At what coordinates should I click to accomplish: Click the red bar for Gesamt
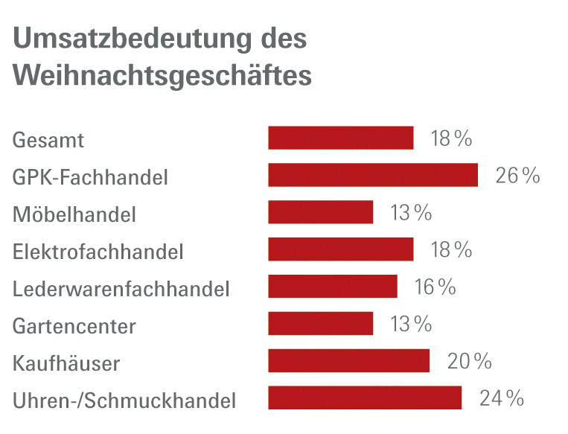(340, 138)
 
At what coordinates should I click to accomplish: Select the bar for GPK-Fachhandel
(372, 175)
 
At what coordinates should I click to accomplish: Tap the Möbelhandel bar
(320, 212)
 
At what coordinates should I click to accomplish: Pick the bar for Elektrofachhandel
(340, 249)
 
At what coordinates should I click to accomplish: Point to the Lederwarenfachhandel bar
(333, 287)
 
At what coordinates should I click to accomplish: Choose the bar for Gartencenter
(320, 324)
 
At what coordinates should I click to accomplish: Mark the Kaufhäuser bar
(348, 361)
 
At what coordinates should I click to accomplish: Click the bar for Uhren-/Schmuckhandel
(365, 398)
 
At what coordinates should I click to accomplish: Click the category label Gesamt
(48, 140)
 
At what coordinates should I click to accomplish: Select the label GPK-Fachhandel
(90, 177)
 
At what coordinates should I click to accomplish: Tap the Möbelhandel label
(74, 215)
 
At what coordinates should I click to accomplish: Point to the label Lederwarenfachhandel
(121, 289)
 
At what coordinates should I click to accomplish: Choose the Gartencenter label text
(74, 326)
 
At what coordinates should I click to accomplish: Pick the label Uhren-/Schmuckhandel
(124, 401)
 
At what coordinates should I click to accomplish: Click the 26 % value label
(517, 176)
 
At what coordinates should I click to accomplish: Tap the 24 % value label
(501, 399)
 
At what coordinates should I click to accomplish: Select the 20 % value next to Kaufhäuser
(470, 362)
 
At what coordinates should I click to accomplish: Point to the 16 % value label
(435, 287)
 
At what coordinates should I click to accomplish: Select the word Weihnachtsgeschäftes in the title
(162, 76)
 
